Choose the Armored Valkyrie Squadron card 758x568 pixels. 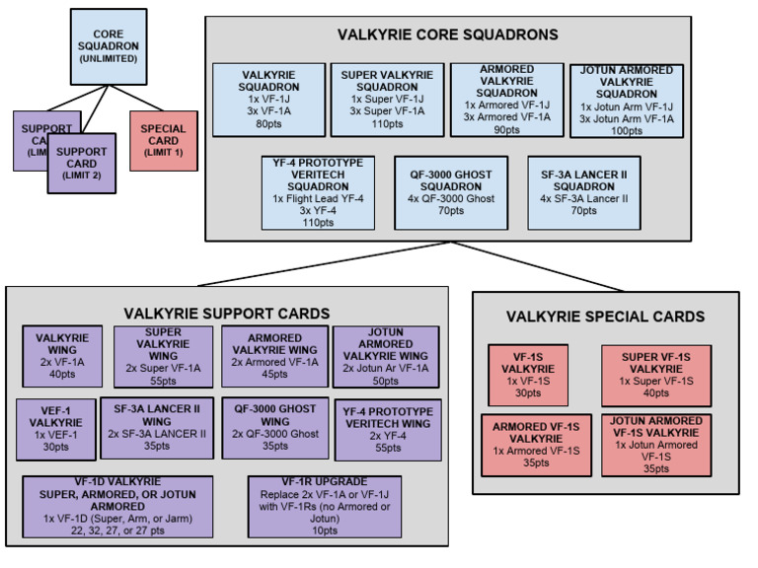point(506,100)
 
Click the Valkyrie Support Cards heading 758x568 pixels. point(226,313)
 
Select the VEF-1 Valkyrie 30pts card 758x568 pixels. point(53,429)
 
